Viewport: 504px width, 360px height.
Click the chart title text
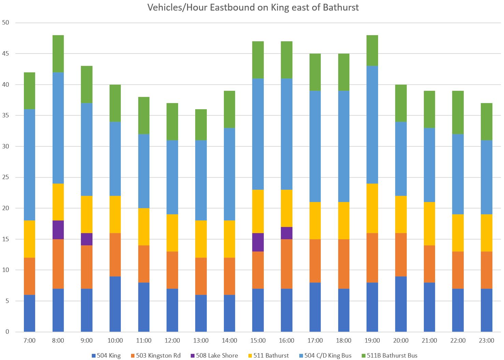click(253, 8)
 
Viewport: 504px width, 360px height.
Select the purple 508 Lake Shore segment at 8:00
click(58, 230)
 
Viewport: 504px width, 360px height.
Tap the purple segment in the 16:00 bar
click(286, 233)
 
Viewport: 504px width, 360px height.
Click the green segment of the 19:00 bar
click(372, 51)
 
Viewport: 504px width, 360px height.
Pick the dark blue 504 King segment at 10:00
click(115, 304)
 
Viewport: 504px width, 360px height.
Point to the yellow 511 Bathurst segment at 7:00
click(29, 239)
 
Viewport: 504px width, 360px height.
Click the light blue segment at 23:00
click(486, 177)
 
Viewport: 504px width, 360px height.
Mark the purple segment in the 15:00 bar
click(258, 242)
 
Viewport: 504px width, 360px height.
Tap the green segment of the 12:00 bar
click(172, 122)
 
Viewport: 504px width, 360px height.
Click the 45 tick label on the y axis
click(6, 54)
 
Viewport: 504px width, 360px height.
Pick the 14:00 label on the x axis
click(229, 341)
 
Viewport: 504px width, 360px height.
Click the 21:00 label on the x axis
click(429, 341)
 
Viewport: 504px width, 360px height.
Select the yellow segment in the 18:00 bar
click(343, 221)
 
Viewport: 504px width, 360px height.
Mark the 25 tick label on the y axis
click(6, 177)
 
